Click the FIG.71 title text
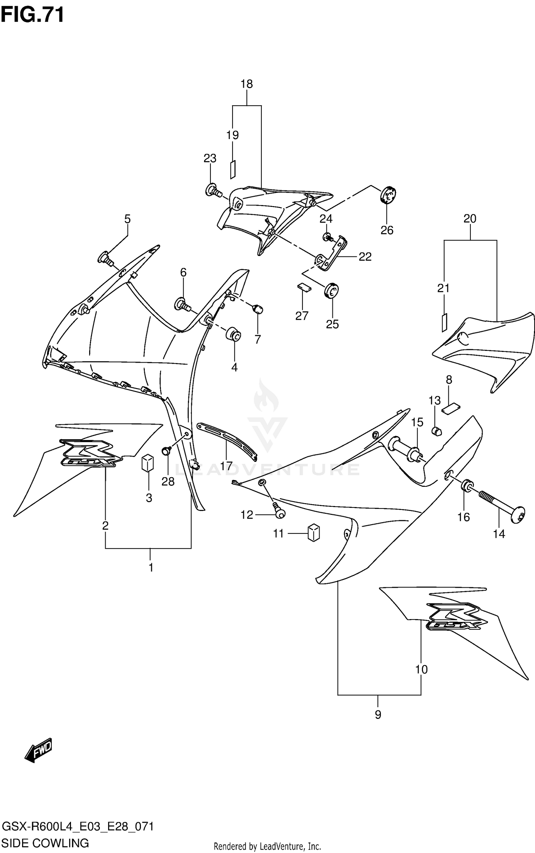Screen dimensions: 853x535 [x=32, y=15]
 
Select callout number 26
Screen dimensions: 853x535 [x=387, y=230]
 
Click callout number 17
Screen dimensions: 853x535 [x=226, y=466]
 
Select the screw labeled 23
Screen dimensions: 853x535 [x=213, y=190]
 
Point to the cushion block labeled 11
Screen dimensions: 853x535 [x=314, y=533]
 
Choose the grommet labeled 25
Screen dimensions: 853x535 [x=331, y=291]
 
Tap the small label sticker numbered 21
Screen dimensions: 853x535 [x=444, y=322]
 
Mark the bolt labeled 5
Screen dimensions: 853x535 [x=106, y=259]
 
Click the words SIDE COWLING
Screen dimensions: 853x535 [x=45, y=843]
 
